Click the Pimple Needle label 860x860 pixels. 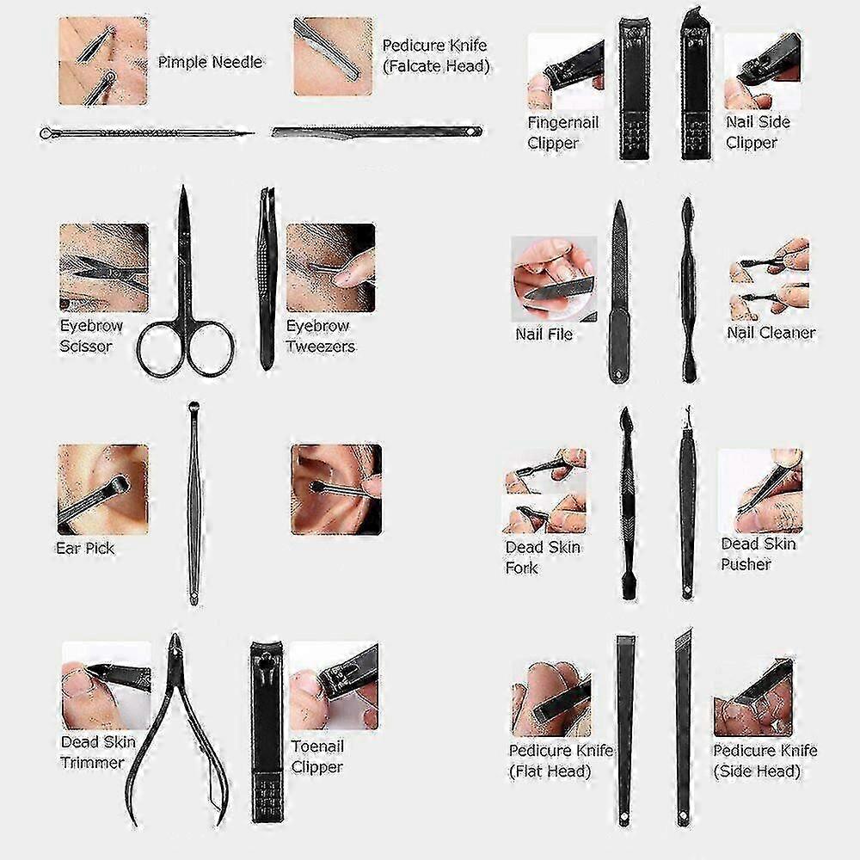[x=210, y=62]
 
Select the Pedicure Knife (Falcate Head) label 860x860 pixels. [x=435, y=55]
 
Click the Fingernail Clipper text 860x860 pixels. [x=562, y=132]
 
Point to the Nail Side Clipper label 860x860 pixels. [x=758, y=132]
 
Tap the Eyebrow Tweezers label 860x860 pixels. [x=320, y=335]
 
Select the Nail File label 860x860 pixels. [x=544, y=334]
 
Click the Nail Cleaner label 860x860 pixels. [x=771, y=332]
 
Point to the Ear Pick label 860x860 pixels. [x=85, y=548]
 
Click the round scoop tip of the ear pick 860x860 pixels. [x=193, y=407]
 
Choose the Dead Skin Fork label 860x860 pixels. [x=543, y=556]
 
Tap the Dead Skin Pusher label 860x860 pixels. [x=758, y=553]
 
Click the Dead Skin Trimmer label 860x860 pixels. [x=98, y=752]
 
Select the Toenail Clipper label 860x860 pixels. [x=317, y=756]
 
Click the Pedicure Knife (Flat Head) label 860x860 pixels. [x=561, y=761]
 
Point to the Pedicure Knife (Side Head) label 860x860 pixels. [x=765, y=761]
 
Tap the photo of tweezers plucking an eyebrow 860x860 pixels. [x=331, y=267]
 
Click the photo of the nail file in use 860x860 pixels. [x=554, y=279]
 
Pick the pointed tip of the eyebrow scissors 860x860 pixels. [x=183, y=187]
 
